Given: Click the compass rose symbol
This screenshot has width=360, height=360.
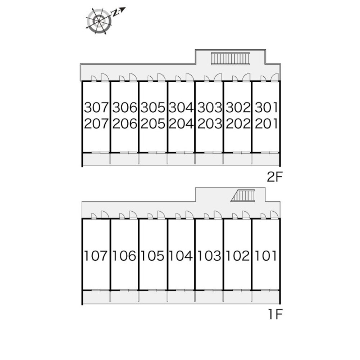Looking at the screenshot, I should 99,21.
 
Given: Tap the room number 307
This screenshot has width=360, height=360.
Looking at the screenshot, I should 96,107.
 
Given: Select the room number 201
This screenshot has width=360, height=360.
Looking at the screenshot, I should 266,124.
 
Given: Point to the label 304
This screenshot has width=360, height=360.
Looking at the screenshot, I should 181,107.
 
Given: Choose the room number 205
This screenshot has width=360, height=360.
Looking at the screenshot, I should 153,124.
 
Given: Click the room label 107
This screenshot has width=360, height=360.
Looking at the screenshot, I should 96,256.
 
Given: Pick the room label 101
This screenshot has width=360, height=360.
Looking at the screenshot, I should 266,256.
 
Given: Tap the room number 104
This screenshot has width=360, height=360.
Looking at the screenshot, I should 181,256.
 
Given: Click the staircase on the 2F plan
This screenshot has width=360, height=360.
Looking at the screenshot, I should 230,59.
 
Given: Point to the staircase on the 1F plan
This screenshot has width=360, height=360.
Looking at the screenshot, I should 243,195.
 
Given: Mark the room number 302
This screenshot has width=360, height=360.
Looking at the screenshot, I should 238,107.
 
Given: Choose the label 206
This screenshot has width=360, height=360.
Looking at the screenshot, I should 124,124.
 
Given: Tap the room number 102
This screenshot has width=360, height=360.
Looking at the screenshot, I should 238,256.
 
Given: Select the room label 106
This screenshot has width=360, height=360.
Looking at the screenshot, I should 124,256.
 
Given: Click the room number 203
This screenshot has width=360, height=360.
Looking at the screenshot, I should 210,124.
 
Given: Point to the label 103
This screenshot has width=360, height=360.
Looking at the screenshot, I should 210,256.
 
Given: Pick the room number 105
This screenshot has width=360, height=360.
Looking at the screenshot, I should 153,256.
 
